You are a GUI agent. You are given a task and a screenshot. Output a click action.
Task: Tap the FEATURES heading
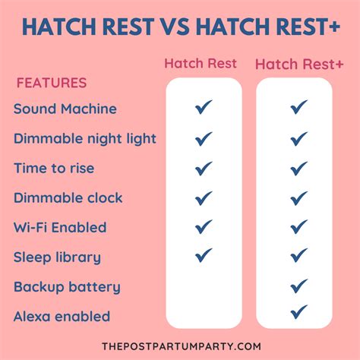coord(52,83)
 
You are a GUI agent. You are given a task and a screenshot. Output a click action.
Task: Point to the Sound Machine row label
coord(65,109)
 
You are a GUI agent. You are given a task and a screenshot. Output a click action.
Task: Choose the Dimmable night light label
coord(85,138)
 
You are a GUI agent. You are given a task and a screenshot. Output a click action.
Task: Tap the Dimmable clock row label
coord(68,197)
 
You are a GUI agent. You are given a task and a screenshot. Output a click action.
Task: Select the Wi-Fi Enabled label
coord(60,227)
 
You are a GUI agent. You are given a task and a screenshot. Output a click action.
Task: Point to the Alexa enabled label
coord(62,316)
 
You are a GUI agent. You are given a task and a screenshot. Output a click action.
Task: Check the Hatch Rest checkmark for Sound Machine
coord(203,109)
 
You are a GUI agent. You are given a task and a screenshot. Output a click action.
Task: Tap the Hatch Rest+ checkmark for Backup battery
coord(298,286)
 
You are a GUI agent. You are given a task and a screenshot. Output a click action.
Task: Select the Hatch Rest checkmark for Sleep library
coord(203,256)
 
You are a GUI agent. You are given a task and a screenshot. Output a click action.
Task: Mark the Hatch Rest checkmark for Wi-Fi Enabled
coord(203,226)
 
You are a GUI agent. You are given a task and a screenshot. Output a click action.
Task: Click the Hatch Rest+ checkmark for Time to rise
coord(298,168)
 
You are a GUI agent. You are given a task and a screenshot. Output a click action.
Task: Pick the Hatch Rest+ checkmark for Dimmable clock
coord(298,197)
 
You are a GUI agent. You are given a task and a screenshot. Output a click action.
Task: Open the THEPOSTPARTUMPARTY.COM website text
coord(179,346)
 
